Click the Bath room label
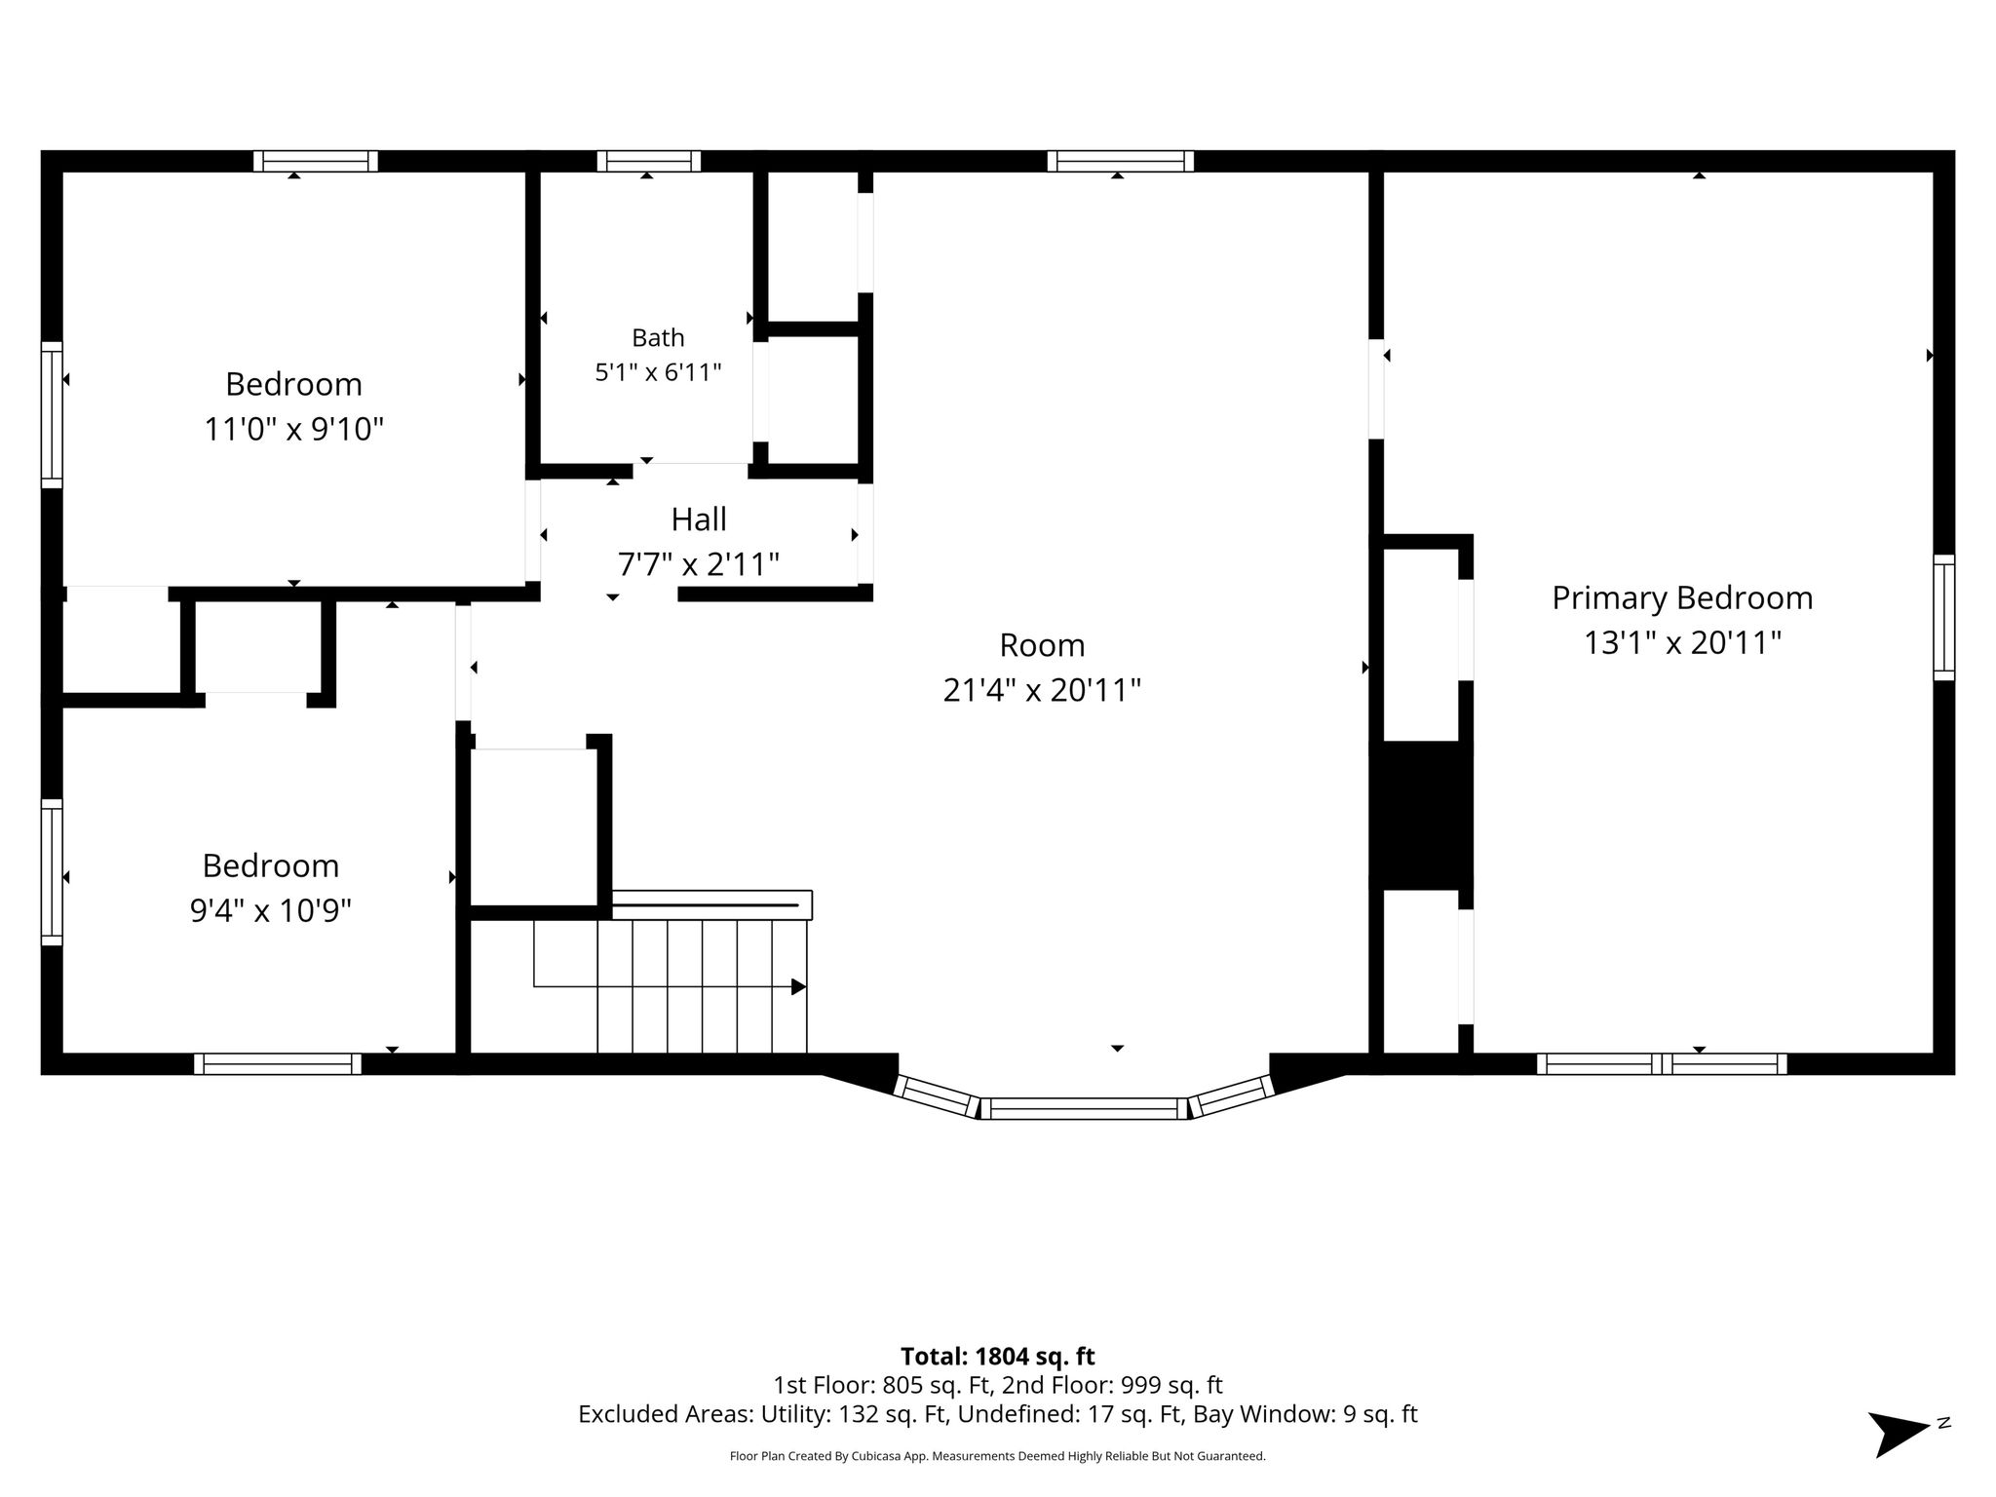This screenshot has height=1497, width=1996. [x=658, y=337]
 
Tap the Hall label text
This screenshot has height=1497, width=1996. [x=699, y=519]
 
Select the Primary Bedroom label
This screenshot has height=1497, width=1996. [x=1682, y=598]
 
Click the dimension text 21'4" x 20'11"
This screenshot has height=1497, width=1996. [x=1042, y=690]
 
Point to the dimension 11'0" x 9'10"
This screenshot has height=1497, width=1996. [x=293, y=429]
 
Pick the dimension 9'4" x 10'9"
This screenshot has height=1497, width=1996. [x=270, y=910]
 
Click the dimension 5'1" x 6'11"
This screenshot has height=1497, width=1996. [x=658, y=371]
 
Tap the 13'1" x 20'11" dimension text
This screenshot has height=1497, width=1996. [x=1682, y=643]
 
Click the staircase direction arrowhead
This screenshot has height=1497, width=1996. [x=798, y=986]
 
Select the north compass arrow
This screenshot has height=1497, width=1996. [x=1898, y=1434]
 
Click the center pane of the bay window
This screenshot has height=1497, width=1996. [x=1084, y=1108]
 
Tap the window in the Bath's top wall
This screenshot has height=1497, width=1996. [x=648, y=161]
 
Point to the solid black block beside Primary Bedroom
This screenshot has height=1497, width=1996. [x=1421, y=815]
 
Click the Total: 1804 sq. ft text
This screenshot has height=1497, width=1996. [x=997, y=1357]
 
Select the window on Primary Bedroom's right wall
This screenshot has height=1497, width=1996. [x=1943, y=617]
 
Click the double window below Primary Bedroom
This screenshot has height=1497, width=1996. [x=1662, y=1063]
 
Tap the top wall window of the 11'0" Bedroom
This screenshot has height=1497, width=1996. [x=316, y=161]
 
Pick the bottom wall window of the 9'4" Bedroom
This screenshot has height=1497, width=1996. [x=278, y=1063]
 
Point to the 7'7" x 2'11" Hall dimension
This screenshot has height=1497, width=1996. [x=699, y=564]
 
